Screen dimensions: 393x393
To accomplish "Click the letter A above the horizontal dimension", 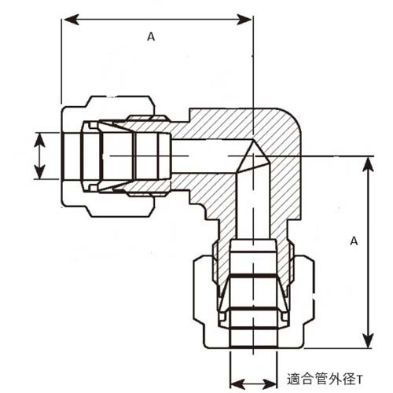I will click(149, 35).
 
